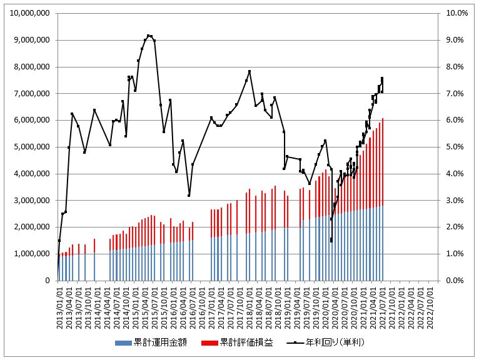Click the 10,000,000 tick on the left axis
pyautogui.click(x=31, y=13)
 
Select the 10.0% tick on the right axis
pyautogui.click(x=453, y=13)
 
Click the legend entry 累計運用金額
pyautogui.click(x=157, y=342)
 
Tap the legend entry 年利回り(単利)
pyautogui.click(x=335, y=342)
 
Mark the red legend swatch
pyautogui.click(x=209, y=343)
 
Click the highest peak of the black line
pyautogui.click(x=148, y=36)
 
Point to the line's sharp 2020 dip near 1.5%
pyautogui.click(x=331, y=240)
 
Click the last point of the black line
pyautogui.click(x=382, y=79)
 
